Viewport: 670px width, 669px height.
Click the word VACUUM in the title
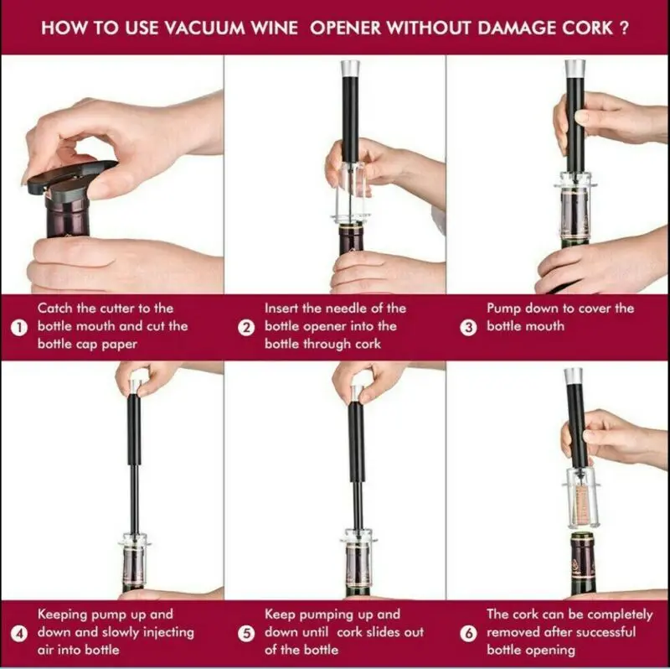point(205,29)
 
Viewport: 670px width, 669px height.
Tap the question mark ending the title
point(623,29)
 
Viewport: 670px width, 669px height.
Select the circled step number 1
point(18,328)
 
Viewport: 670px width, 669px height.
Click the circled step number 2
point(246,328)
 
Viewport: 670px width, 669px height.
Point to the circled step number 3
point(468,328)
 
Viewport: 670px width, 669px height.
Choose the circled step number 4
point(18,634)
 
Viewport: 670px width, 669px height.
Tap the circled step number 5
point(246,634)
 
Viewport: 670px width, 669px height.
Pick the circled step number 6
point(468,634)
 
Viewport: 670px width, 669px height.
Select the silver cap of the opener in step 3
point(575,69)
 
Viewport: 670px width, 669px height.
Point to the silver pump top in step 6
point(573,376)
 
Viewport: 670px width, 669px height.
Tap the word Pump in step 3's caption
point(503,309)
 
